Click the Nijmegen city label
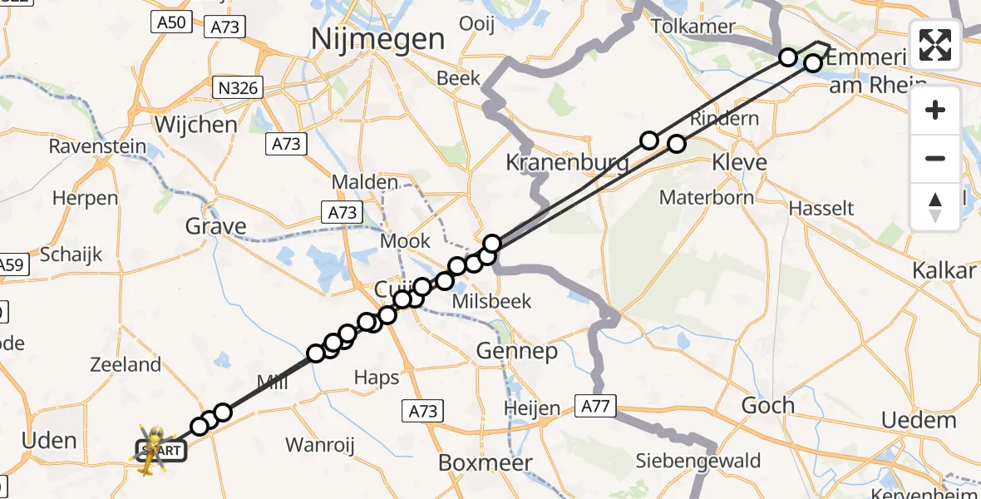(x=377, y=39)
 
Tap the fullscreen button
(x=935, y=45)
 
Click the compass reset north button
(x=935, y=207)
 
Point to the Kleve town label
(x=739, y=161)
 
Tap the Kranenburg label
(x=567, y=162)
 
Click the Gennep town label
(x=517, y=352)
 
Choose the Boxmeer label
(x=486, y=462)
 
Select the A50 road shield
(x=170, y=22)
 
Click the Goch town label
(x=768, y=406)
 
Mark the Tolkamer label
(x=693, y=27)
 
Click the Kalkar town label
(x=944, y=271)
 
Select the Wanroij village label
(x=319, y=444)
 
